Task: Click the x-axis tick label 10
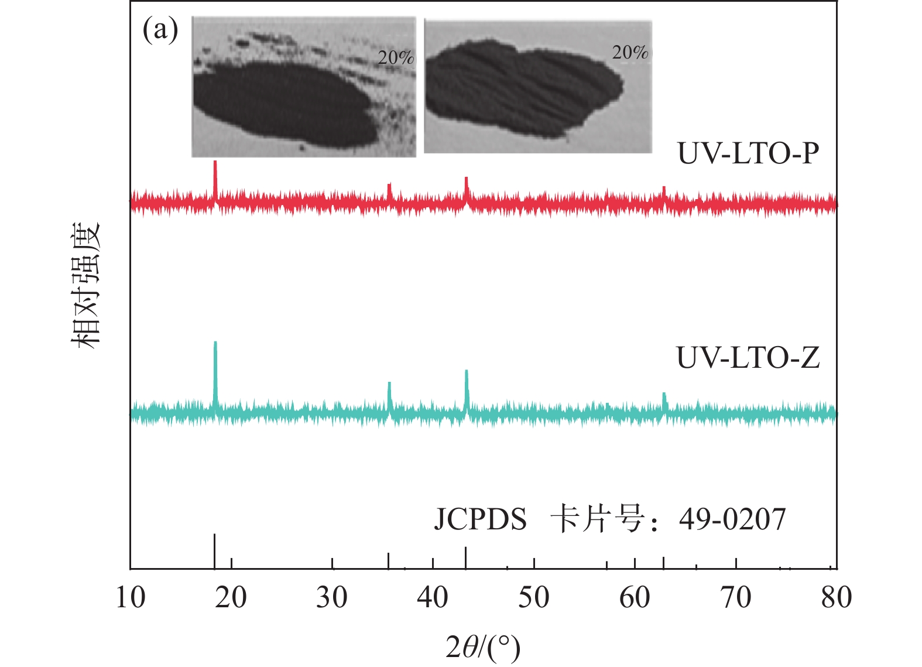pyautogui.click(x=130, y=598)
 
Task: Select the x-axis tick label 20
pyautogui.click(x=231, y=598)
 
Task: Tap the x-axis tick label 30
pyautogui.click(x=332, y=598)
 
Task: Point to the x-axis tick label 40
pyautogui.click(x=433, y=598)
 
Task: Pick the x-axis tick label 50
pyautogui.click(x=534, y=598)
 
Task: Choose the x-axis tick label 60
pyautogui.click(x=635, y=598)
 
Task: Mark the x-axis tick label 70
pyautogui.click(x=736, y=598)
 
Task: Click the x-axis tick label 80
pyautogui.click(x=837, y=598)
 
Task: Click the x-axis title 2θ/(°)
pyautogui.click(x=483, y=648)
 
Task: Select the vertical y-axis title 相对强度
pyautogui.click(x=87, y=286)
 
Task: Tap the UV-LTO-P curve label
pyautogui.click(x=748, y=153)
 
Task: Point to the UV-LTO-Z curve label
pyautogui.click(x=748, y=357)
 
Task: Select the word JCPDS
pyautogui.click(x=480, y=519)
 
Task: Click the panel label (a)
pyautogui.click(x=160, y=30)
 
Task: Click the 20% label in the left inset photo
pyautogui.click(x=396, y=57)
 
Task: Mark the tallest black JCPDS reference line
pyautogui.click(x=215, y=550)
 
